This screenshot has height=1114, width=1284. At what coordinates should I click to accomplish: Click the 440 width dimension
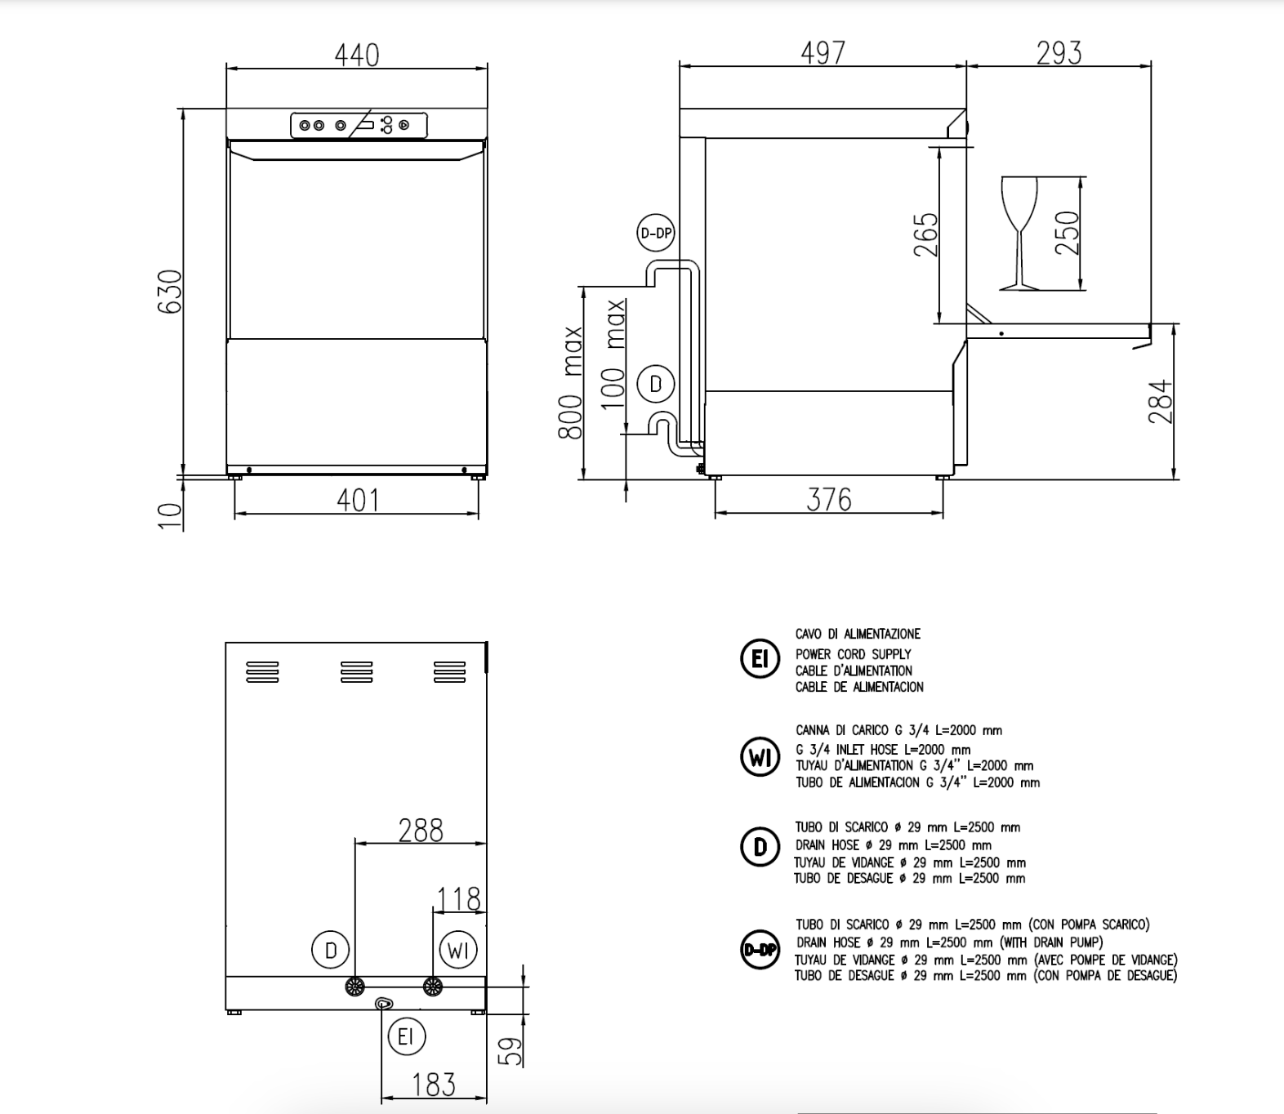pos(357,56)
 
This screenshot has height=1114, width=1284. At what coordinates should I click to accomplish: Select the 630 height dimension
pos(170,292)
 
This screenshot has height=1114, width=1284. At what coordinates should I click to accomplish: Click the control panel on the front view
pos(359,126)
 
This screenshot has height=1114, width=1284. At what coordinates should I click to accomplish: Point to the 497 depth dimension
pos(823,53)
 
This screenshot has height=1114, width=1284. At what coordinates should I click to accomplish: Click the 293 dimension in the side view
pos(1059,53)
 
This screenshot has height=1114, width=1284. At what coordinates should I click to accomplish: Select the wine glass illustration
pos(1019,233)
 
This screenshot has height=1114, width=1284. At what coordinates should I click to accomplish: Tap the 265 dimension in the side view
pos(926,234)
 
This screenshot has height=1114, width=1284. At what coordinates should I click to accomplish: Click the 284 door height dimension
pos(1161,401)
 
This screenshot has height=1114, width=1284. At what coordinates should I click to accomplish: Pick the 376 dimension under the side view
pos(828,500)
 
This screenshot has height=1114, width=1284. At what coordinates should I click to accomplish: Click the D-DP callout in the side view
pos(655,234)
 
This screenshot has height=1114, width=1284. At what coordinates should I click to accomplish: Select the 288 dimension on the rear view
pos(420,831)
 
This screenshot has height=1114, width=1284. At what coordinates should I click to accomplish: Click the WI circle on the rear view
pos(458,950)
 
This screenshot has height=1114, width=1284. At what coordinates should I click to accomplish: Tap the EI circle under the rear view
pos(406,1037)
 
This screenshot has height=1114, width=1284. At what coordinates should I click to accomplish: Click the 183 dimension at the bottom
pos(433,1085)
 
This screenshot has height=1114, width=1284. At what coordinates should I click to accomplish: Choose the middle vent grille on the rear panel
pos(356,672)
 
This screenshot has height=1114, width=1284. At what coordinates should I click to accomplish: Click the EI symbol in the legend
pos(760,659)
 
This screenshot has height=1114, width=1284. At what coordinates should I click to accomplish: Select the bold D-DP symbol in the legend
pos(760,950)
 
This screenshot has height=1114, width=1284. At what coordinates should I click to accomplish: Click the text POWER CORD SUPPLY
pos(853,654)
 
